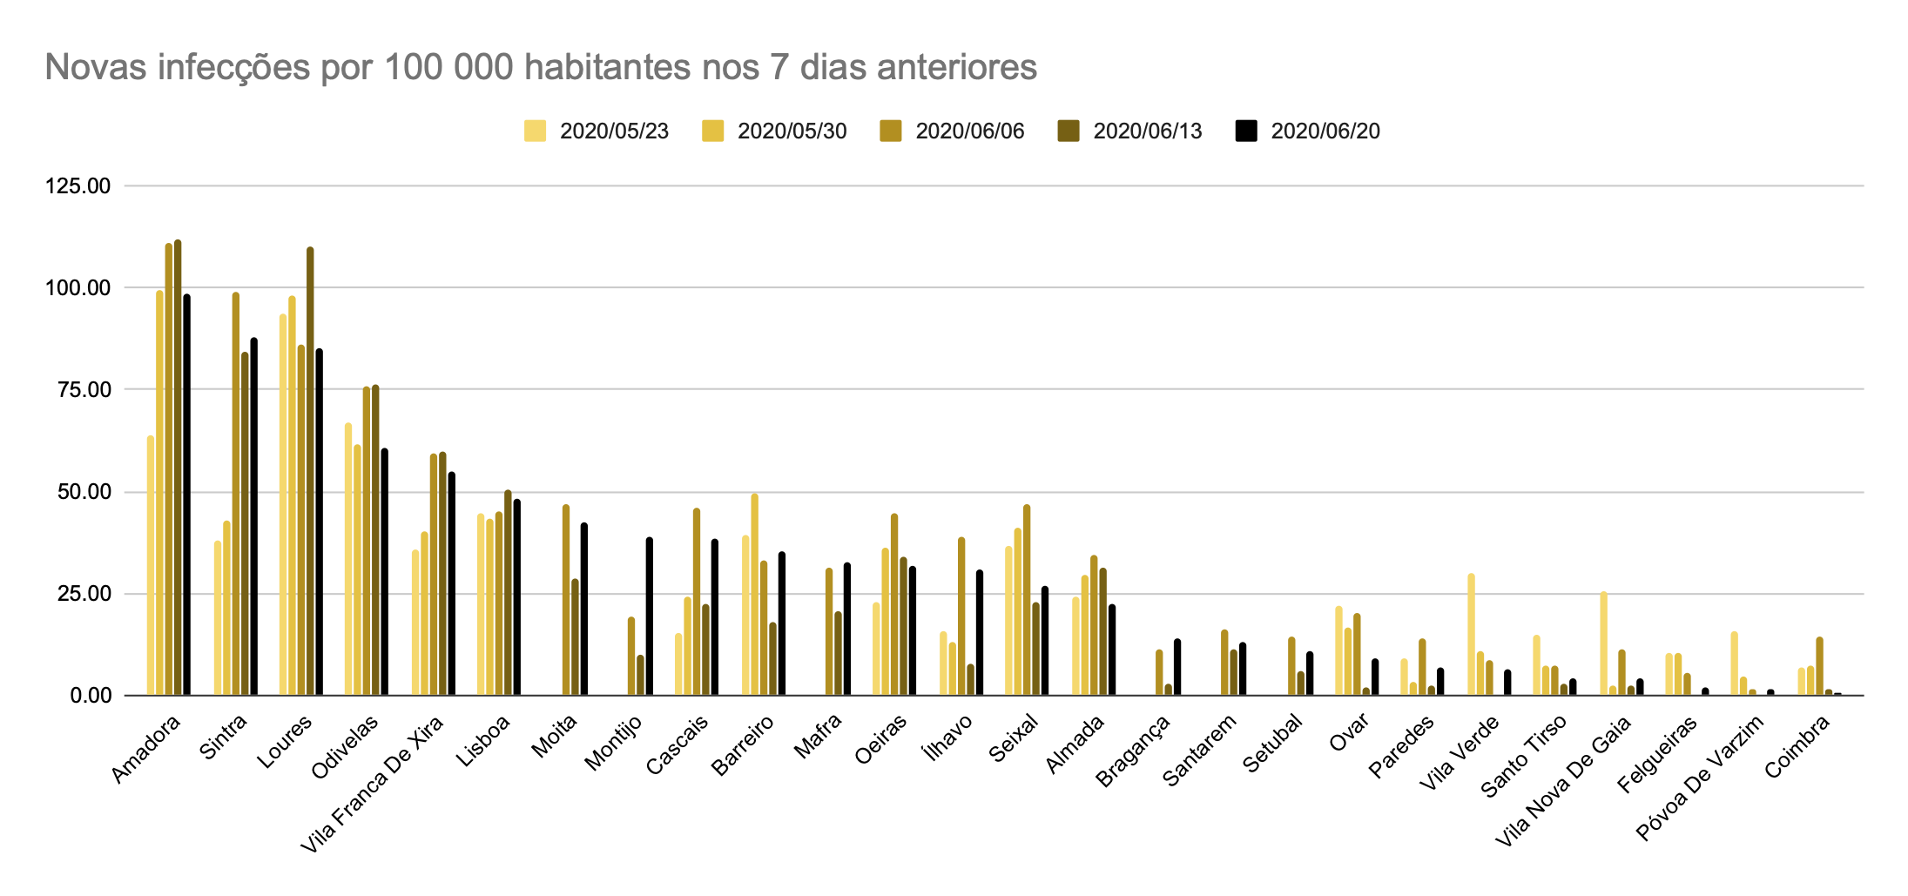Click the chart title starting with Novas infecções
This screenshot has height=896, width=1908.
click(x=540, y=67)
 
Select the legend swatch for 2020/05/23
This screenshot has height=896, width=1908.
click(x=535, y=131)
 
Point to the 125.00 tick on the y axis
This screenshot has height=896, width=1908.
click(x=78, y=186)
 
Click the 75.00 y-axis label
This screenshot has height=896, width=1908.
click(x=78, y=390)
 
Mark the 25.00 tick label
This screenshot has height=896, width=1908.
click(x=78, y=594)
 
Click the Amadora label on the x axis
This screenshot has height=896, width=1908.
click(x=146, y=749)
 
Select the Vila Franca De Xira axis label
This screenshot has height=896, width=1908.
click(x=372, y=784)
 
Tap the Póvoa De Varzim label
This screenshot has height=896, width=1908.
click(x=1699, y=778)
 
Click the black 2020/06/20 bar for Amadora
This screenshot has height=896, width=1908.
click(x=187, y=495)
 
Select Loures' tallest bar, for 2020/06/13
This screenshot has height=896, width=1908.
click(x=310, y=471)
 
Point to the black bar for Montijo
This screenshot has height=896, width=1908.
click(x=650, y=616)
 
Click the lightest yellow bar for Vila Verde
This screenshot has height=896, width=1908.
click(x=1471, y=634)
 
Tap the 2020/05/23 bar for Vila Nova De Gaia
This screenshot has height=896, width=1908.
click(x=1603, y=643)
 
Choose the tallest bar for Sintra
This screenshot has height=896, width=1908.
click(x=236, y=494)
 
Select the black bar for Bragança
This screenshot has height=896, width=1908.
click(x=1177, y=667)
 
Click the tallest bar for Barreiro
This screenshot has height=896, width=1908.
click(x=755, y=595)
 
